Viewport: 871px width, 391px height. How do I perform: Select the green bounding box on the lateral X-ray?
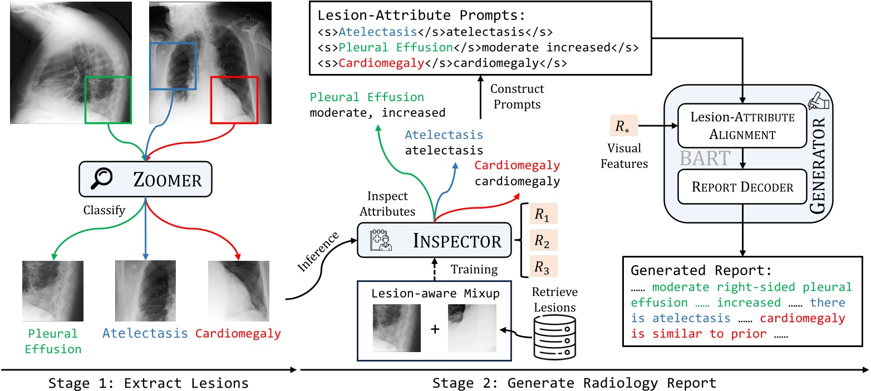(x=108, y=100)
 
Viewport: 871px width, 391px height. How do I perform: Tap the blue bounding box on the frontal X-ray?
(x=173, y=65)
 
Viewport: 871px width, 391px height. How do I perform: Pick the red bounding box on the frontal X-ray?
(x=234, y=100)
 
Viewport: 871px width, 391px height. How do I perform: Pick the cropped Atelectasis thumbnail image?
(x=145, y=291)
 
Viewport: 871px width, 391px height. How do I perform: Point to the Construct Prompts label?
(x=516, y=96)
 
